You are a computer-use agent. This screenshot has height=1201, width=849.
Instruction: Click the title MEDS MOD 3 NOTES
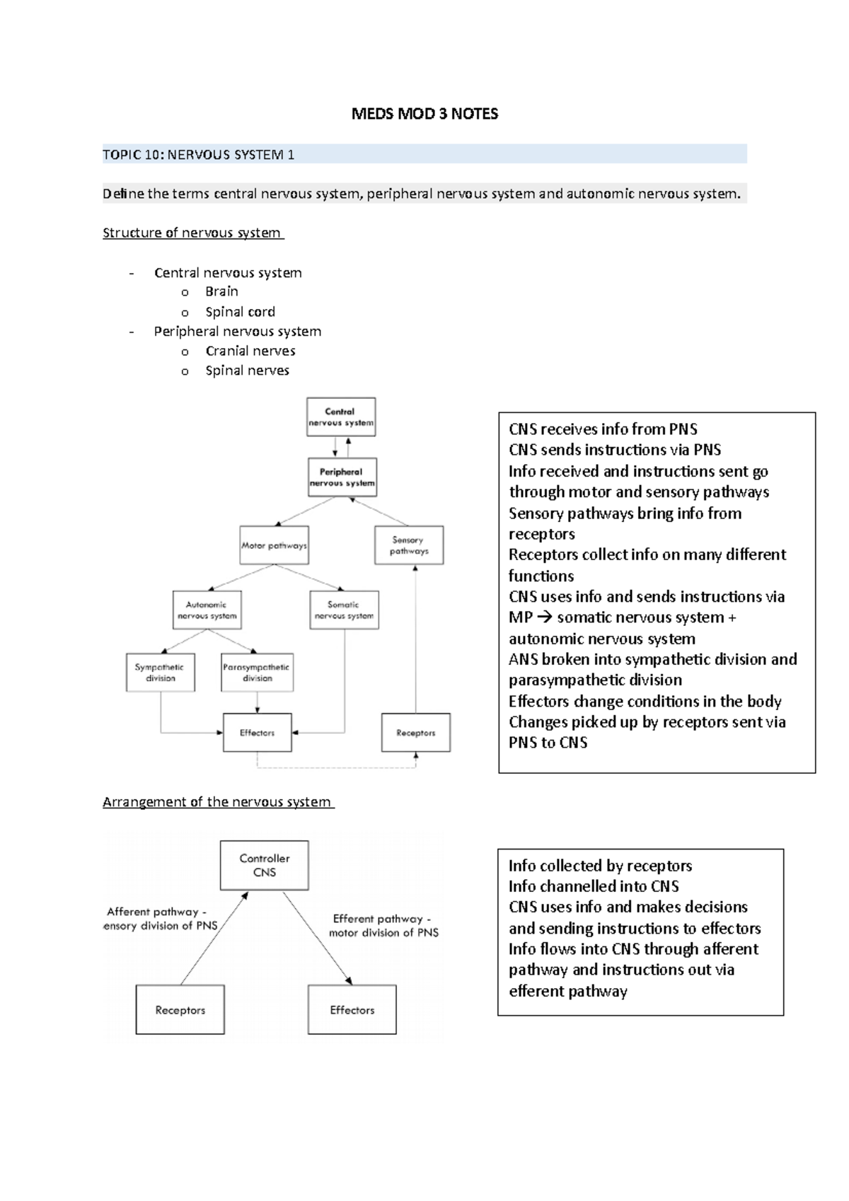pos(424,114)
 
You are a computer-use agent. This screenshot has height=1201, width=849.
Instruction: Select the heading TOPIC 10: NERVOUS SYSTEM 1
pos(199,154)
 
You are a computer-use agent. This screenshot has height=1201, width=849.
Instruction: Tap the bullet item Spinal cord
pos(240,312)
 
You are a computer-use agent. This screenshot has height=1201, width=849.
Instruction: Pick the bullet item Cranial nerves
pos(250,351)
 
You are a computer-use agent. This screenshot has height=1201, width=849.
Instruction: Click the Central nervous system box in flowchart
pos(340,417)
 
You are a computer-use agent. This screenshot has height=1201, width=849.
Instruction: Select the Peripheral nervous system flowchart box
pos(342,477)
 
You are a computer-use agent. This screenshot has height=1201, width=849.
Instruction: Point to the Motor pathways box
pos(274,545)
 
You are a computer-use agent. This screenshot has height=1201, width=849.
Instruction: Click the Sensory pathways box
pos(408,545)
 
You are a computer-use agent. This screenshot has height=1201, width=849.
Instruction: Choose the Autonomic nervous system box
pos(207,610)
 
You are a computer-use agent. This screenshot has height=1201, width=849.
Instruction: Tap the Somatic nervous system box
pos(344,610)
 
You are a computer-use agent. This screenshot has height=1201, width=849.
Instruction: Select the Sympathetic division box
pos(160,673)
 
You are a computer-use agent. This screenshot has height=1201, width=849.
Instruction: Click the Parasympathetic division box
pos(257,673)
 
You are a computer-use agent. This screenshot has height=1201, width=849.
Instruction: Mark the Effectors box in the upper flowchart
pos(257,733)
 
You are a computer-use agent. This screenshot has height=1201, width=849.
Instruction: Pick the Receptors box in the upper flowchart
pos(415,733)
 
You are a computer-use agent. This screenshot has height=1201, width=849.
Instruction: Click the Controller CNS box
pos(264,865)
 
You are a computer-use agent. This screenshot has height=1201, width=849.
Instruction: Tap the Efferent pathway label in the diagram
pos(383,926)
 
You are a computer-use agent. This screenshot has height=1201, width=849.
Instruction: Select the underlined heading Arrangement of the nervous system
pos(217,802)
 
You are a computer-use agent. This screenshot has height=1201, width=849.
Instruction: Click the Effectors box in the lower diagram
pos(352,1010)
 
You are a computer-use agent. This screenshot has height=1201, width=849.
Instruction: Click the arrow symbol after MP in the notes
pos(543,618)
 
